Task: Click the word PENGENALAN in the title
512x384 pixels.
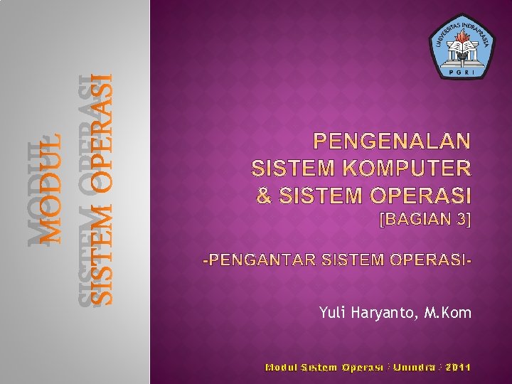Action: pos(393,141)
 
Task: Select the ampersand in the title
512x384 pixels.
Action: pos(263,194)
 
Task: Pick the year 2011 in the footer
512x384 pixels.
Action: pos(455,367)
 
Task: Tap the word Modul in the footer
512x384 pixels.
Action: pos(281,367)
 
